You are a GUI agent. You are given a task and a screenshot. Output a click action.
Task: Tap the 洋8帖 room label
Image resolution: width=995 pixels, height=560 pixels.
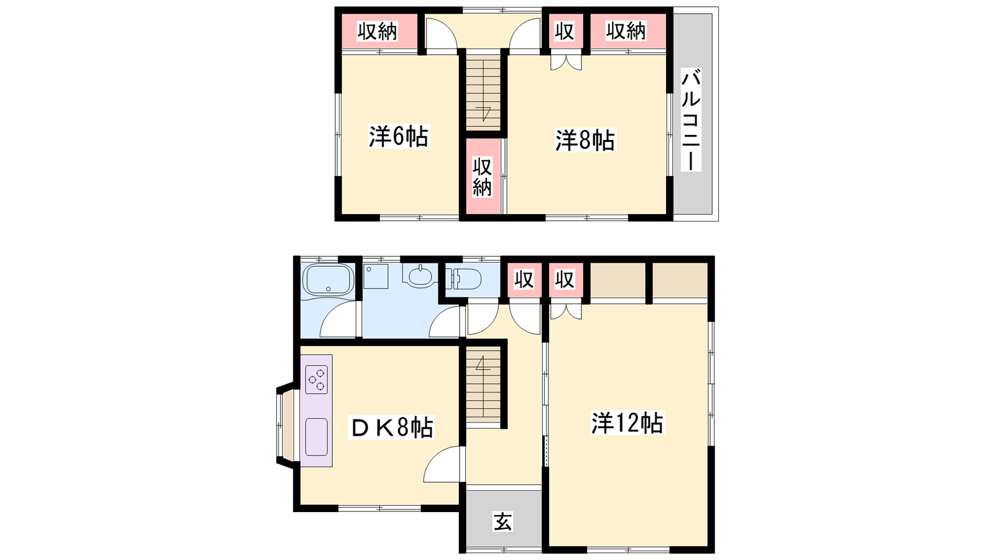[585, 141]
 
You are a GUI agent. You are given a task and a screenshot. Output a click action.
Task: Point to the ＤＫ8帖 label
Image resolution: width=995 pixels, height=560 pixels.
[392, 427]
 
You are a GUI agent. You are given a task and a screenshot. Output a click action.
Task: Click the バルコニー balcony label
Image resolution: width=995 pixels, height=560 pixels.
[691, 119]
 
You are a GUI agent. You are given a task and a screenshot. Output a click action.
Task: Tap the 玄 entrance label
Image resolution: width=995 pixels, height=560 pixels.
[503, 522]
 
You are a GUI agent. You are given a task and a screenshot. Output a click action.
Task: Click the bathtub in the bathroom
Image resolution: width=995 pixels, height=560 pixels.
[328, 280]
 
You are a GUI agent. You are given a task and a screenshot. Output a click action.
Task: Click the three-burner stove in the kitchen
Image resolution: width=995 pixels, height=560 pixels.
[317, 379]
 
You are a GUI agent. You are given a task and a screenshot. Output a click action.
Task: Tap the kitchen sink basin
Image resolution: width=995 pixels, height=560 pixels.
[317, 437]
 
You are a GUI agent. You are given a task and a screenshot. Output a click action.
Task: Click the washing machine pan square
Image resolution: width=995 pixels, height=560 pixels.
[376, 276]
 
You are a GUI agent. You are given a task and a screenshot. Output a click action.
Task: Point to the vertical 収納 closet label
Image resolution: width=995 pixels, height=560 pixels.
[482, 177]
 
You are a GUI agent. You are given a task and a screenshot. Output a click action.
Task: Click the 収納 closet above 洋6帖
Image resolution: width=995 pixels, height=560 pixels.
[377, 31]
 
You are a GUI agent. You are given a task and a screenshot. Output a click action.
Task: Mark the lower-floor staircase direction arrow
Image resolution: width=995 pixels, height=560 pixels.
[483, 363]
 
